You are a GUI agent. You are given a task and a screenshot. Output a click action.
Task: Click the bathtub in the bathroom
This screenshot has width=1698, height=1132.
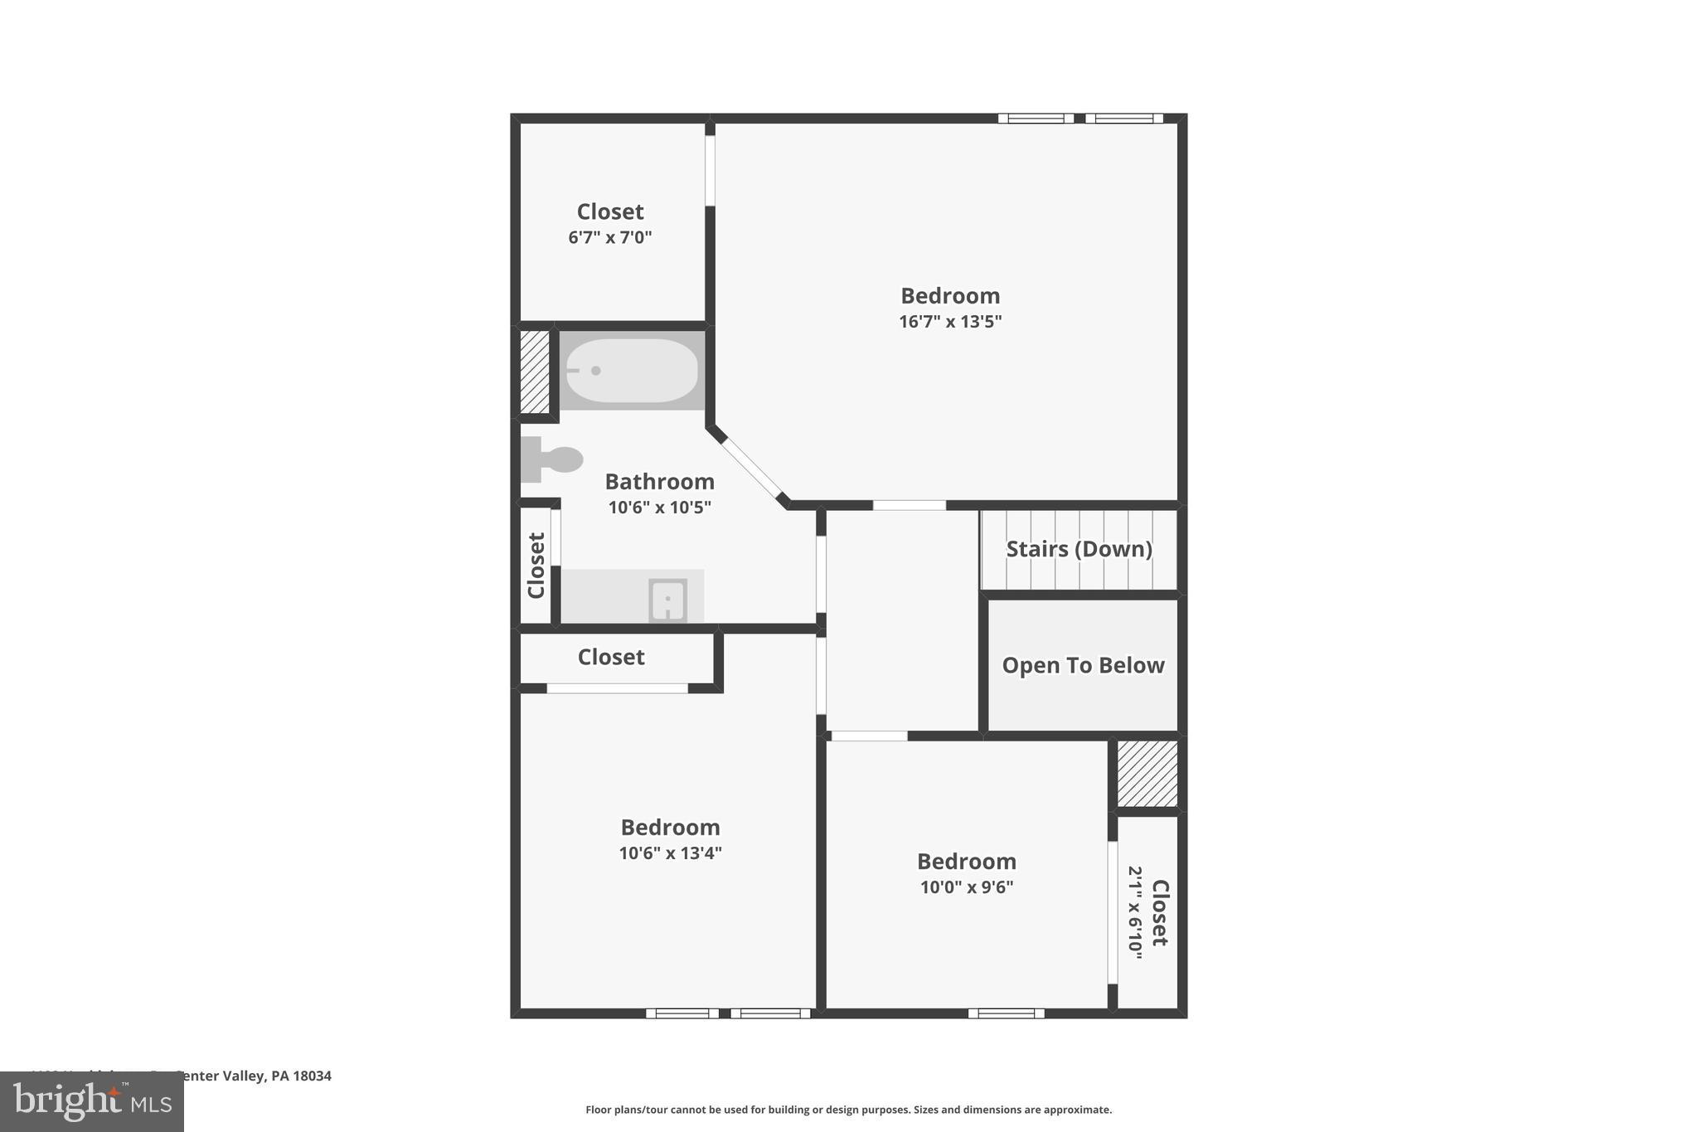click(632, 371)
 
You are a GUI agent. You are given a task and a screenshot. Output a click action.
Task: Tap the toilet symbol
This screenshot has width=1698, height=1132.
click(554, 459)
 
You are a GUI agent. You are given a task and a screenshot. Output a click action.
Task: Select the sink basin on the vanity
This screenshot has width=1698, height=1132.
click(667, 600)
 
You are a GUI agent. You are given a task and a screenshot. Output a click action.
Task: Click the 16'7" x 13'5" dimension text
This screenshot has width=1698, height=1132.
click(950, 322)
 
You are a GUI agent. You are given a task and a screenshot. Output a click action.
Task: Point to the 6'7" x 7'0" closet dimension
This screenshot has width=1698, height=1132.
click(609, 238)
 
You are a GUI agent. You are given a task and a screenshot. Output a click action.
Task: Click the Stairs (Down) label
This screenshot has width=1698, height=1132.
click(1079, 549)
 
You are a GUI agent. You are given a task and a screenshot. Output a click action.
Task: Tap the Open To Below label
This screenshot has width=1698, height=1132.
click(1083, 665)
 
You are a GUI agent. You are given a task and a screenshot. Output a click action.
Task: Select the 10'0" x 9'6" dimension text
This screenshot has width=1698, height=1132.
click(966, 887)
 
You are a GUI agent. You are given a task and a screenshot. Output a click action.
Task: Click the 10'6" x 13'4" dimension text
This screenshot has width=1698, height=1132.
click(670, 853)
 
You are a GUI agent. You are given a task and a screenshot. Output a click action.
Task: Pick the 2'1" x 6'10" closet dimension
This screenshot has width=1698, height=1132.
click(1135, 912)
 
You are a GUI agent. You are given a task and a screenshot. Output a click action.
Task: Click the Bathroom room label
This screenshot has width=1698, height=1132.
click(659, 482)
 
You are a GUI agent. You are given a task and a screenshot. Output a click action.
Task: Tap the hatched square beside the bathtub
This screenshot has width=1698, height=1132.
click(535, 372)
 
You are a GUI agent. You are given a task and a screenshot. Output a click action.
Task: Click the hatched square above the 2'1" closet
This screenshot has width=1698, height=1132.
click(1147, 774)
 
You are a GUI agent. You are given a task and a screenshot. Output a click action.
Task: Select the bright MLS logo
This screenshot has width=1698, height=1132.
click(92, 1102)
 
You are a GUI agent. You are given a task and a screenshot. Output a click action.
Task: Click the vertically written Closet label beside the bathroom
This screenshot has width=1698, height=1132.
click(536, 565)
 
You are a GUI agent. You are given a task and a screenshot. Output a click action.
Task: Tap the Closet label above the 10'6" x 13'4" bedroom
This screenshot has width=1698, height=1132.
click(611, 658)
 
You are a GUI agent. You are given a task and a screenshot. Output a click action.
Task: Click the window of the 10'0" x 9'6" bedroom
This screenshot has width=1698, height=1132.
click(1006, 1013)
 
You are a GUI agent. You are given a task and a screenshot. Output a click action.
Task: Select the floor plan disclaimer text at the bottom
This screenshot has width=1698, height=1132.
click(848, 1110)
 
